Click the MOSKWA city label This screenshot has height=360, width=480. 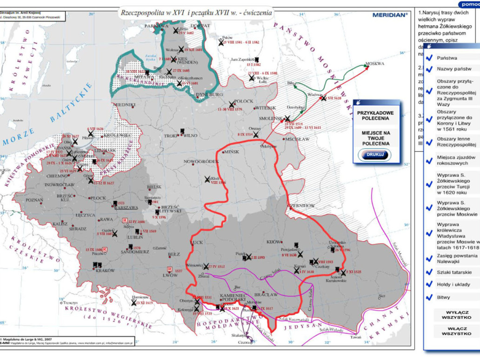375,64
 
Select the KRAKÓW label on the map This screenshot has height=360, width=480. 105,271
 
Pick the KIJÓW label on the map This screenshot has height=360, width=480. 274,242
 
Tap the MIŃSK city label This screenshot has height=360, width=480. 231,152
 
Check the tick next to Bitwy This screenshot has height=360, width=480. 429,297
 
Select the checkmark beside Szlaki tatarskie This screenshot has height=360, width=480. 429,272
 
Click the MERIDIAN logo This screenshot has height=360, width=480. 390,15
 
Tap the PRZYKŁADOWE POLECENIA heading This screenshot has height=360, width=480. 375,115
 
